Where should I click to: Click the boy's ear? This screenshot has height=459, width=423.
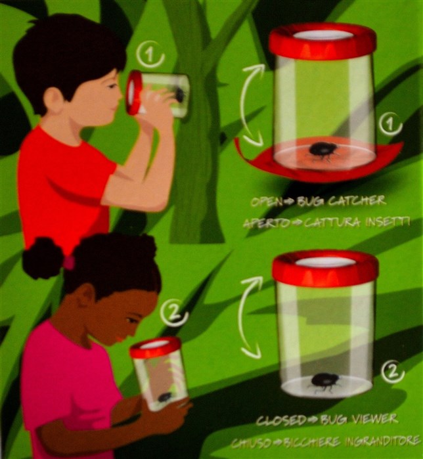click(54, 99)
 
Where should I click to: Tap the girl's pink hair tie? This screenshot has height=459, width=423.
click(70, 262)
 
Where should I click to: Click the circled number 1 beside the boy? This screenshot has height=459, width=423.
click(150, 55)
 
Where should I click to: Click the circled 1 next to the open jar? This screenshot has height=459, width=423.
click(391, 124)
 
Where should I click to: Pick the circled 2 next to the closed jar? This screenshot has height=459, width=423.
click(393, 372)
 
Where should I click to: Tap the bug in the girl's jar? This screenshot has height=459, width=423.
click(165, 397)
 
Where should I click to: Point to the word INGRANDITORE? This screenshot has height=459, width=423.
click(382, 441)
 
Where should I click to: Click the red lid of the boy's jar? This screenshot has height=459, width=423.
click(133, 93)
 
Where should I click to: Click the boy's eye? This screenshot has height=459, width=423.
click(111, 87)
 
